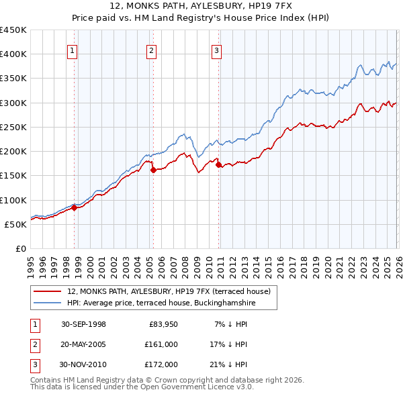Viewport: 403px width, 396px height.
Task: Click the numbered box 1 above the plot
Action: point(72,50)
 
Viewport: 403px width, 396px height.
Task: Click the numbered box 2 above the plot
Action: point(152,50)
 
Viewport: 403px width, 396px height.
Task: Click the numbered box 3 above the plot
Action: point(217,50)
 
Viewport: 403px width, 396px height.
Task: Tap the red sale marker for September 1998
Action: point(75,207)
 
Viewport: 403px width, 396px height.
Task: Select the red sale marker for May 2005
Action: point(153,170)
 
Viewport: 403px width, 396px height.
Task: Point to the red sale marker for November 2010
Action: point(219,164)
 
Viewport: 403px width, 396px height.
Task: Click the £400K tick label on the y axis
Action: point(13,54)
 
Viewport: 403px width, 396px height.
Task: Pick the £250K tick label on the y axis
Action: point(13,127)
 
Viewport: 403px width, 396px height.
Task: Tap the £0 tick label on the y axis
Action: point(21,248)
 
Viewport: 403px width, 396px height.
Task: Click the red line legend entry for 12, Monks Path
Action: point(168,291)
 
